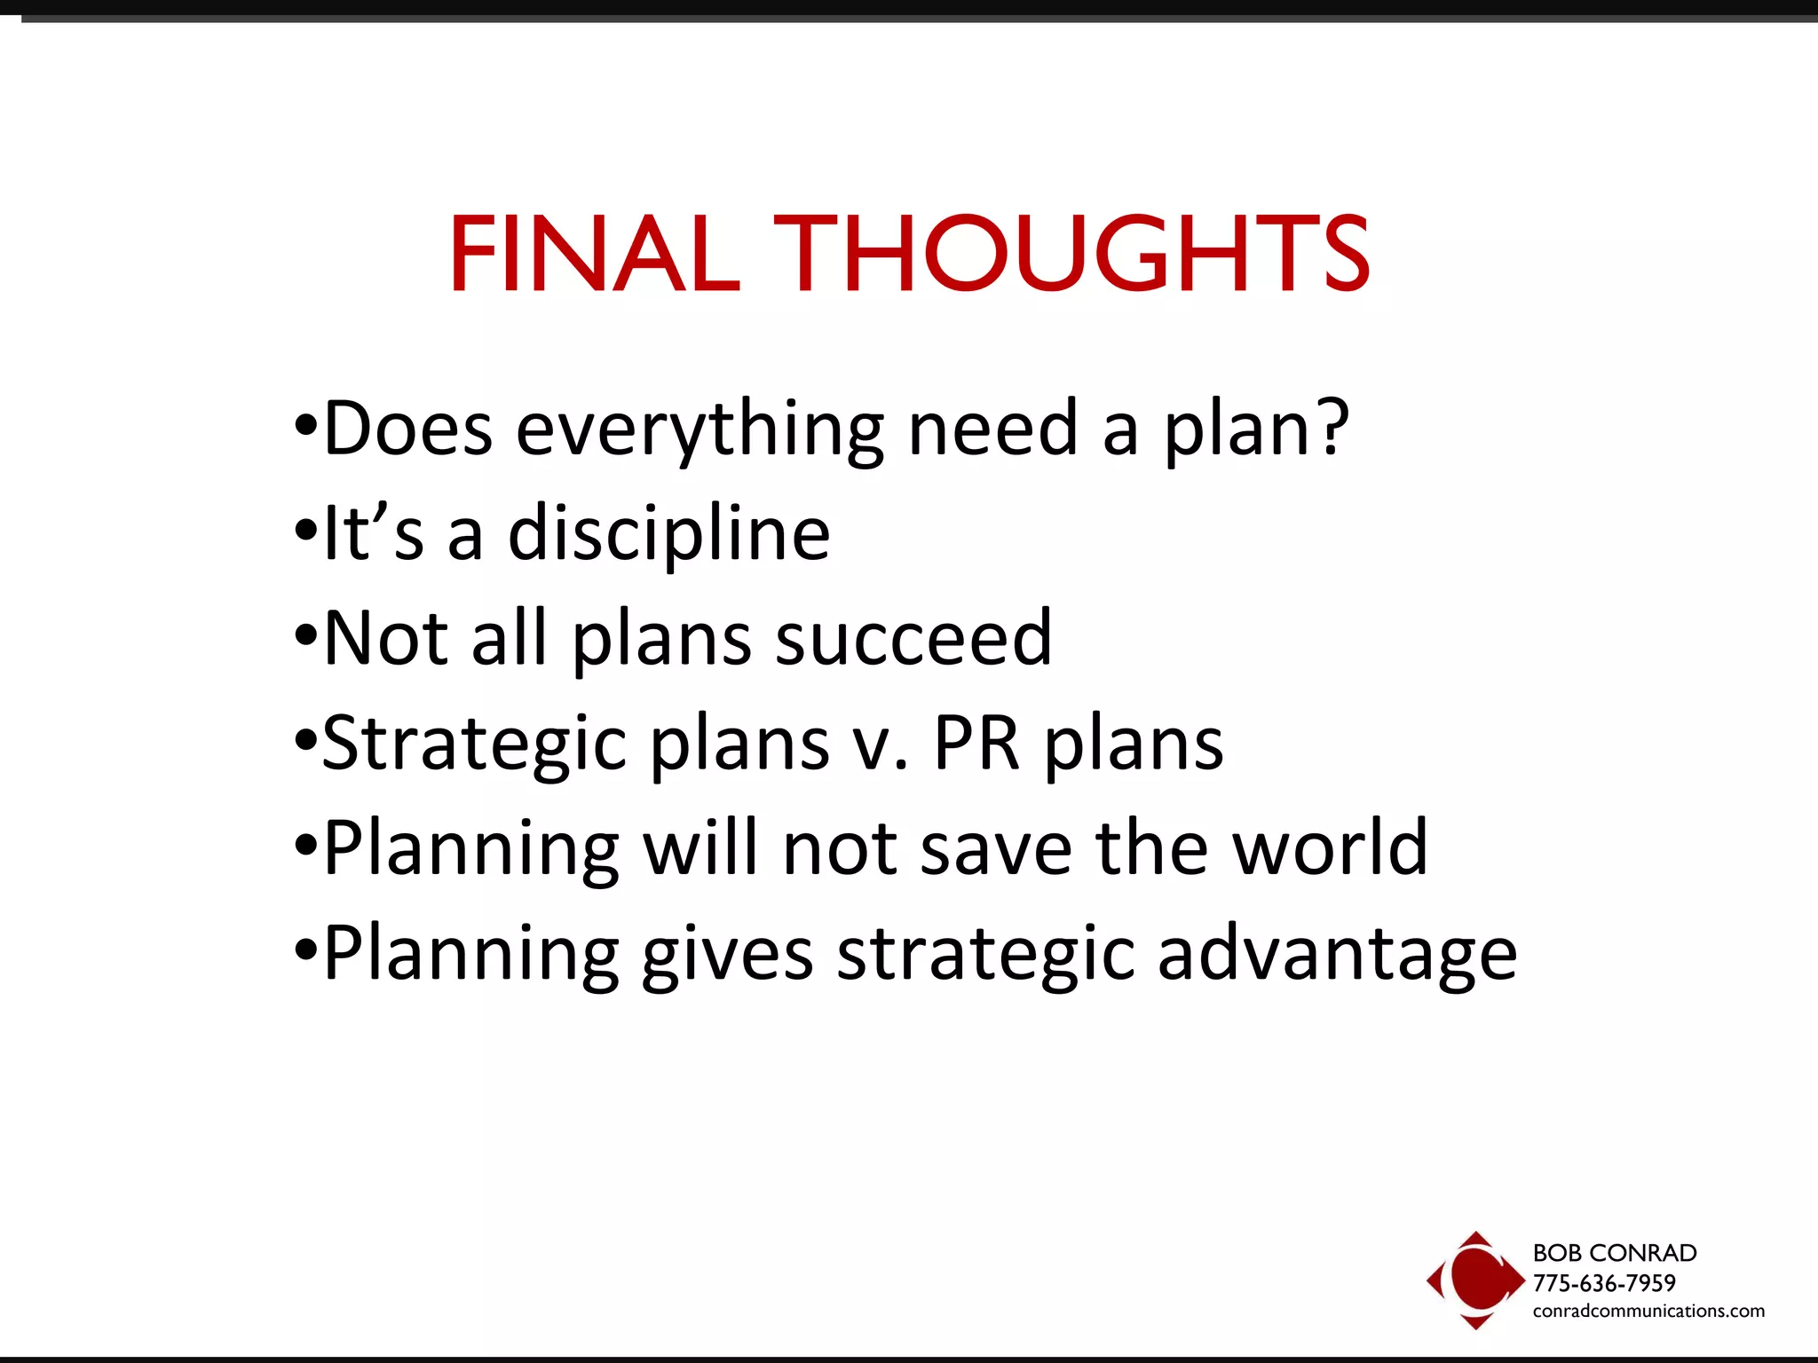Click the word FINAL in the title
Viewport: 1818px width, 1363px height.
click(x=594, y=254)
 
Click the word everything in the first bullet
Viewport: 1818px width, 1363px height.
click(x=700, y=430)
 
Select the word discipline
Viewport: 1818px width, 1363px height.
click(x=668, y=534)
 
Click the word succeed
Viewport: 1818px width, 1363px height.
click(x=913, y=639)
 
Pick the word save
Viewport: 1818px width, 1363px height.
click(x=996, y=850)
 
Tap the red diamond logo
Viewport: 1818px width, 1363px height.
click(x=1474, y=1280)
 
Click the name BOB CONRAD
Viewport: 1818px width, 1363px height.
click(x=1615, y=1253)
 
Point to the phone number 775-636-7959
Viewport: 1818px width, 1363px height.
click(x=1604, y=1283)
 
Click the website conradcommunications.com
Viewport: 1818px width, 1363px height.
click(x=1648, y=1311)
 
